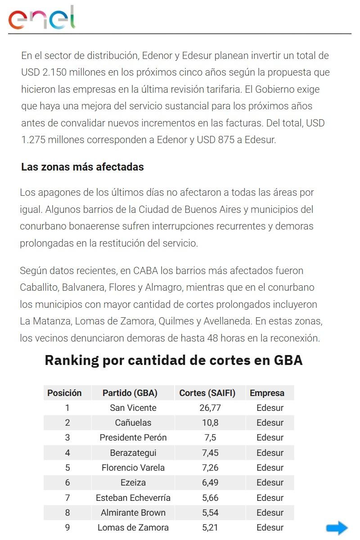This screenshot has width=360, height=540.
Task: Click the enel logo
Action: pos(42,18)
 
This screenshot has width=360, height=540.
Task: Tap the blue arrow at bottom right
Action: pos(337,528)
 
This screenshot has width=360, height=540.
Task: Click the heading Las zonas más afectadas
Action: pos(82,167)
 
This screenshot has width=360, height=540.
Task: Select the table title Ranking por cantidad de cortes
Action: pos(174,360)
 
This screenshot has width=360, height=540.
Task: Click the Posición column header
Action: pos(65,393)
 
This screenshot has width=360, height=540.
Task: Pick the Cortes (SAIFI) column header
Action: pos(207,393)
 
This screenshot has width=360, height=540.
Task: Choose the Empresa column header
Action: pos(267,393)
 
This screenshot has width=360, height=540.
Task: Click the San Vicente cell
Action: pos(133,408)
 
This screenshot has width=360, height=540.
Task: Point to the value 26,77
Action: pos(210,408)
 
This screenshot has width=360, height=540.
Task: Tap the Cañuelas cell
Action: pos(133,423)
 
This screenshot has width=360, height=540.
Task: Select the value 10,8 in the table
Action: pos(210,423)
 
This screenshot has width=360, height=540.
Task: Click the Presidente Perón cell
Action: pos(133,437)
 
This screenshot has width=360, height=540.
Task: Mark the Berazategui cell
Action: pos(133,453)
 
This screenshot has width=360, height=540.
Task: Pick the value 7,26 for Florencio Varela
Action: pos(210,468)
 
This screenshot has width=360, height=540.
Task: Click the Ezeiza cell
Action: pos(133,482)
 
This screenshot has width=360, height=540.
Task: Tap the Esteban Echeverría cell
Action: pos(133,498)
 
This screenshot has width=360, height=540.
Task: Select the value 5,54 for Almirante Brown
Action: pos(210,513)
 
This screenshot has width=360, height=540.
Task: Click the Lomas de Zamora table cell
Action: pos(133,527)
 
